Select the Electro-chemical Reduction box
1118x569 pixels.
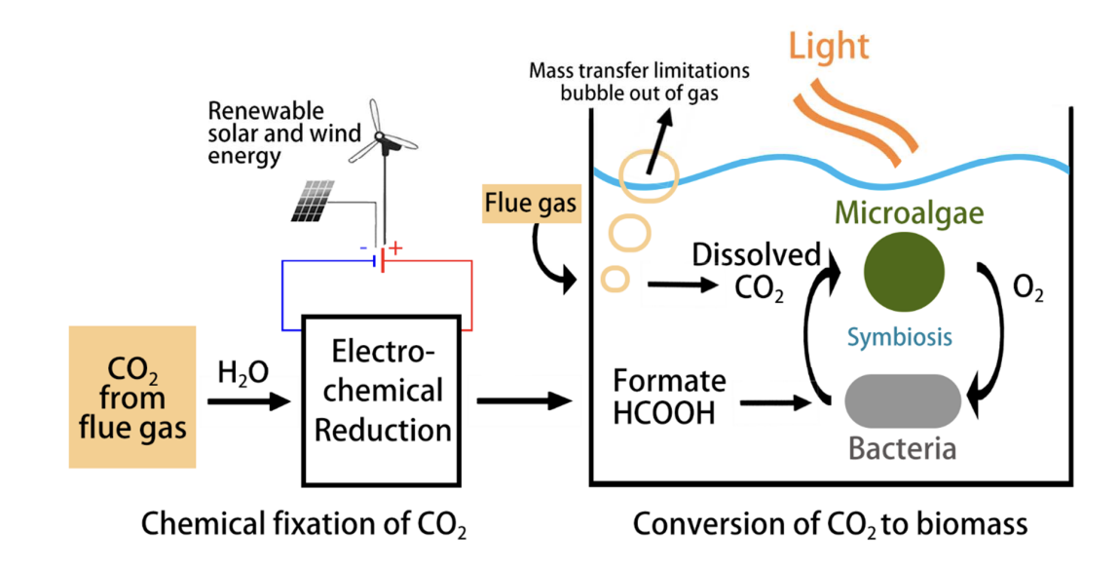pos(381,399)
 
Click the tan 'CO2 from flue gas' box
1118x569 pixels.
pos(132,398)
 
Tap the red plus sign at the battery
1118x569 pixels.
pos(396,249)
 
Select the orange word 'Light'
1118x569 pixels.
pos(828,45)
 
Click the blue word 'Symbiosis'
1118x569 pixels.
pos(899,336)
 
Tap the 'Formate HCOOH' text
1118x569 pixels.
pos(670,397)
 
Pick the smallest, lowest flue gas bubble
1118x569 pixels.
pos(615,278)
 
